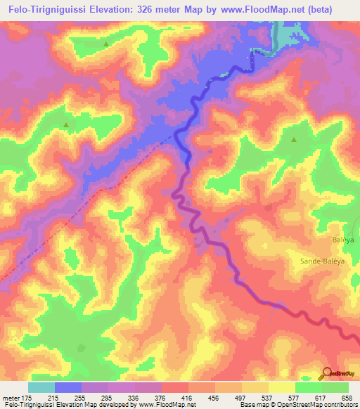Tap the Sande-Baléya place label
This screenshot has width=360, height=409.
point(330,260)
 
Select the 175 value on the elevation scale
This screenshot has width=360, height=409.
point(27,397)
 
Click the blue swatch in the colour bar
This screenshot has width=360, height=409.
point(68,387)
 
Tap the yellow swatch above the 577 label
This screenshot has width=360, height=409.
point(282,387)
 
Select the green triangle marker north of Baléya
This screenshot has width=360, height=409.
point(295,139)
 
